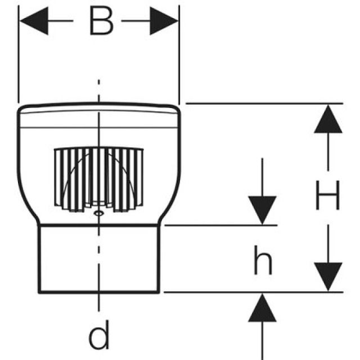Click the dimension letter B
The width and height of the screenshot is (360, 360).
click(100, 22)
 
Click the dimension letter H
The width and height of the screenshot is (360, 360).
click(327, 198)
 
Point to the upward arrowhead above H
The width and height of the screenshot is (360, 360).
click(328, 119)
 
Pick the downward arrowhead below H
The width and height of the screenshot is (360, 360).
click(328, 276)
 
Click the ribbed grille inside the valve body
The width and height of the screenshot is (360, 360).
click(98, 177)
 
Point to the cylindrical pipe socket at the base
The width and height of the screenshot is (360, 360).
click(99, 259)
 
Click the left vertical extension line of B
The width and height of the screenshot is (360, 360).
click(19, 56)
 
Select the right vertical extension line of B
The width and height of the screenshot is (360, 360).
click(179, 56)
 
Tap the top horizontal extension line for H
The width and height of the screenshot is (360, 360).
click(264, 103)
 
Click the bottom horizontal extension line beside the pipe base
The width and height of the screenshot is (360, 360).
click(253, 292)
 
